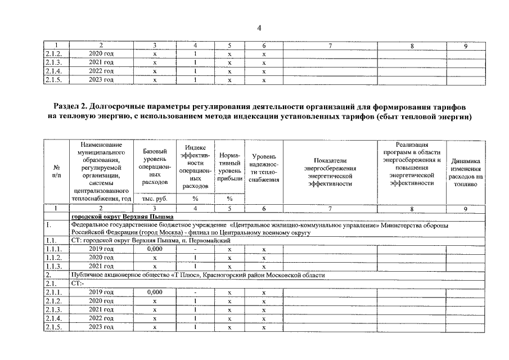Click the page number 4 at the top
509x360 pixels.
point(259,28)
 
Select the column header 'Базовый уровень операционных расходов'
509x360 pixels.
point(155,167)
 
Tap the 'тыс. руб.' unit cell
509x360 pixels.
point(155,199)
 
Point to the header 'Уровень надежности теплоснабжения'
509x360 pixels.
point(264,167)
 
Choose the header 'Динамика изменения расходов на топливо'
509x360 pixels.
point(466,172)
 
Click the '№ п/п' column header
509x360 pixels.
point(56,172)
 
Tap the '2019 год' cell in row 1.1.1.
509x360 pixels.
point(101,249)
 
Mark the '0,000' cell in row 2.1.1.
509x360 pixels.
point(155,292)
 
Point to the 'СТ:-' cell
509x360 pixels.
point(78,283)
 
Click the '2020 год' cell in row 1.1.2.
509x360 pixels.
point(101,258)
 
